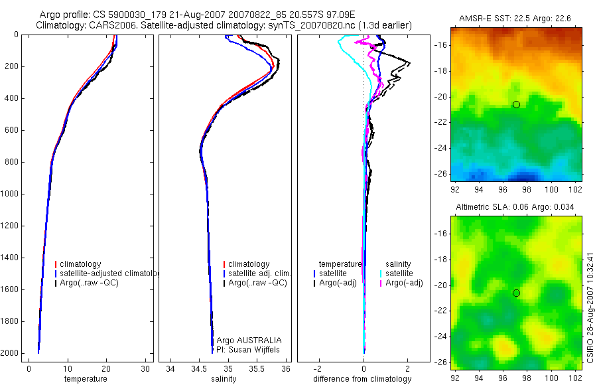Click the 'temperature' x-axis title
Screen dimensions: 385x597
click(x=85, y=379)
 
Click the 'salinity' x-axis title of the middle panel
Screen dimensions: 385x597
click(x=223, y=379)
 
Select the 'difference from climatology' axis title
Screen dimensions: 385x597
click(x=362, y=379)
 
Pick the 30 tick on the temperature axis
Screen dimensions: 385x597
click(x=145, y=368)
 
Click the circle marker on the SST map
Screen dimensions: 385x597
click(x=516, y=104)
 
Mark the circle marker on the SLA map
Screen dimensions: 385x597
click(x=516, y=293)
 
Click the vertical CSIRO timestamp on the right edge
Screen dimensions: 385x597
click(x=590, y=307)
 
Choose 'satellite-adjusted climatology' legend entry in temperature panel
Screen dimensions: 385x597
click(x=106, y=273)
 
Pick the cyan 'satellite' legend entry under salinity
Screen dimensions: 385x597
click(x=399, y=273)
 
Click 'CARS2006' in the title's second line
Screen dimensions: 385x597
click(x=109, y=25)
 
